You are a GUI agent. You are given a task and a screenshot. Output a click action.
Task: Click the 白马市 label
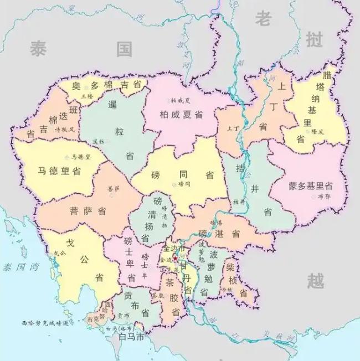point(132,337)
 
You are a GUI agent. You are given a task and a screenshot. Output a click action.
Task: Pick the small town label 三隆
point(88,96)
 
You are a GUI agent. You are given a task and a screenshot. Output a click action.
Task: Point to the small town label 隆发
point(317,132)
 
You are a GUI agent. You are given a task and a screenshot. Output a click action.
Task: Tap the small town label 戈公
point(59,253)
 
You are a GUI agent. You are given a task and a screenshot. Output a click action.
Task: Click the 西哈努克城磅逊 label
point(44,323)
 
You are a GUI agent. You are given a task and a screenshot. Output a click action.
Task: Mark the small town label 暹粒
point(98,141)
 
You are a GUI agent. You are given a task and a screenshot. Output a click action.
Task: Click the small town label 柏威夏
point(181,100)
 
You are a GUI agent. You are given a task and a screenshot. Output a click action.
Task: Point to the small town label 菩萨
point(114,188)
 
